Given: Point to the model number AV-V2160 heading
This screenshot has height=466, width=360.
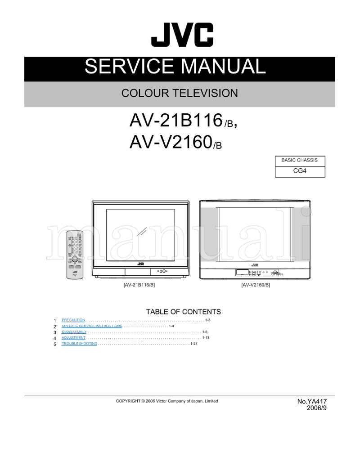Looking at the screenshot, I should pos(170,143).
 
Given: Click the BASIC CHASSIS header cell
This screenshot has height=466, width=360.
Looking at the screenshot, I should pos(299,160).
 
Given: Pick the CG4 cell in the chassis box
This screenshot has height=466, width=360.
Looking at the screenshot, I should pos(299,171).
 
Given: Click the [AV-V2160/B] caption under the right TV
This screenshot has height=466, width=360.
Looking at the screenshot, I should pos(255,285).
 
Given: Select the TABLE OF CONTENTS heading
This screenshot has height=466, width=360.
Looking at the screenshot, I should pos(183,311).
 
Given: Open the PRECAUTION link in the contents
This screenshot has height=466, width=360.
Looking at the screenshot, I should pos(73,320).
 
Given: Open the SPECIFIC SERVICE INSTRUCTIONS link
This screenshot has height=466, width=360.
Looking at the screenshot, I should pos(92,326).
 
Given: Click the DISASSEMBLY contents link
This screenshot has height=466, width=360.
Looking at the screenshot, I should pos(74,332).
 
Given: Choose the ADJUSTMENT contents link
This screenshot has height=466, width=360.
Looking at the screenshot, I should pos(73,337).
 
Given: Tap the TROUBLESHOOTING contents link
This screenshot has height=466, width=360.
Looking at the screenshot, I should pos(79,344).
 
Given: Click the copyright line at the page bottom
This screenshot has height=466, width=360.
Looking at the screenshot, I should pos(166,401).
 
